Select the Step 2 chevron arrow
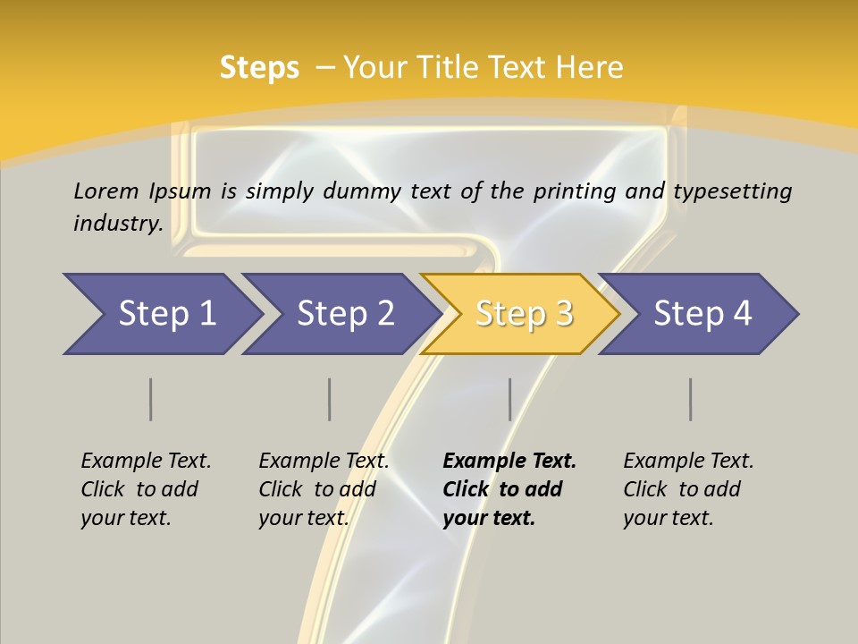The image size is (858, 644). (x=344, y=314)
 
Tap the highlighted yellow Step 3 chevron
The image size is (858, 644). (x=523, y=314)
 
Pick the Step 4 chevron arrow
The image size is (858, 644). (x=702, y=314)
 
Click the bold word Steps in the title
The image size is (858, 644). (x=259, y=68)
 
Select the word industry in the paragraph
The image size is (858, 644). (x=117, y=224)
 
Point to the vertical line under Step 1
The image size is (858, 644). (x=150, y=399)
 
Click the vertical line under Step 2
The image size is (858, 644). (x=330, y=399)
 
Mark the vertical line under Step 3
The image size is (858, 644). (x=509, y=399)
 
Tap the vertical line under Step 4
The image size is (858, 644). (x=691, y=399)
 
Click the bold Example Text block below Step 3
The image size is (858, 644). (x=509, y=489)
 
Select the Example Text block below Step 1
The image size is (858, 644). (x=146, y=489)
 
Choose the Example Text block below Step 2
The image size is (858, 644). (x=324, y=489)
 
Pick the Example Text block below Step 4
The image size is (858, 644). (x=688, y=489)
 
